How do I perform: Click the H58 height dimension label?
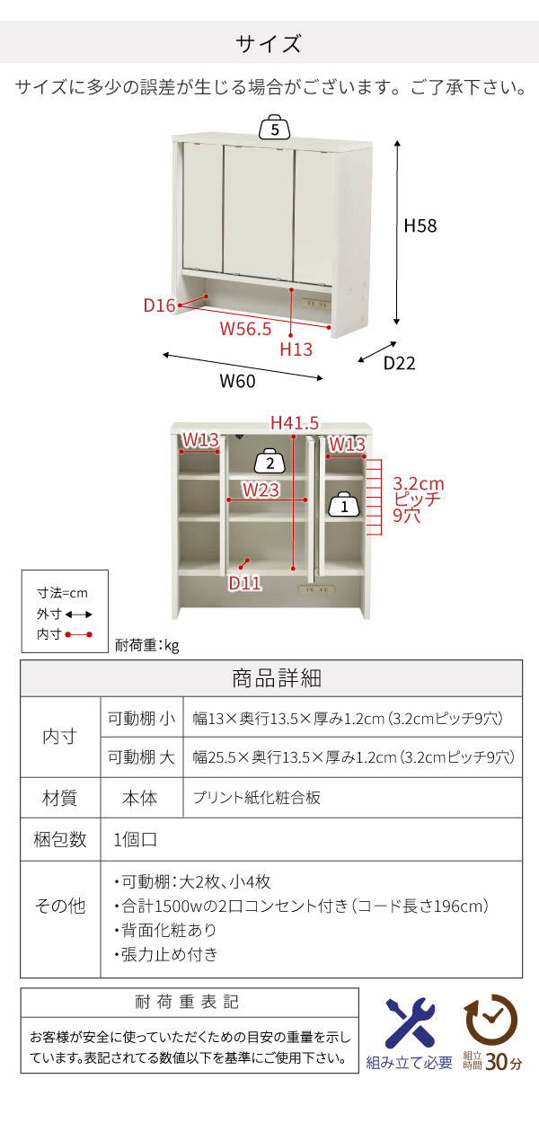tap(420, 226)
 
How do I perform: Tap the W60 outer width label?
tap(238, 381)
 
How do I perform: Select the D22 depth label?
tap(399, 363)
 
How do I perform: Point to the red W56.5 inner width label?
tap(245, 329)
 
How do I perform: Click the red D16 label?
tap(159, 305)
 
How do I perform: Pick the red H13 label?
tap(296, 349)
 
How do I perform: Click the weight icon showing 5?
tap(275, 129)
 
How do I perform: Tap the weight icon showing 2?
tap(269, 463)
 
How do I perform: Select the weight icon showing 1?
tap(342, 507)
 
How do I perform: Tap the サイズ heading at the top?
tap(269, 44)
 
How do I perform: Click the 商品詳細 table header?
tap(270, 678)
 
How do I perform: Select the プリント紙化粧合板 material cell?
tap(256, 798)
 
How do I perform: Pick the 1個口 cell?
tap(137, 840)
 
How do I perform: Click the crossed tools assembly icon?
tap(410, 1023)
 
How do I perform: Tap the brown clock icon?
tap(490, 1020)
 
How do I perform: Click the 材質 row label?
tap(60, 798)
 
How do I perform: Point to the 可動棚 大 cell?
tap(141, 757)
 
